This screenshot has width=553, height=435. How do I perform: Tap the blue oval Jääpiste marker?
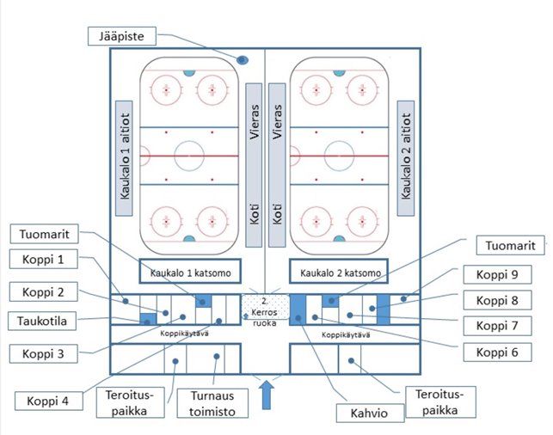pos(243,60)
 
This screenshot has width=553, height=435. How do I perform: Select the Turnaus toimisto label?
pos(212,403)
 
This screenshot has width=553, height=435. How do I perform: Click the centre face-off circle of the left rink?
pos(188,156)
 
